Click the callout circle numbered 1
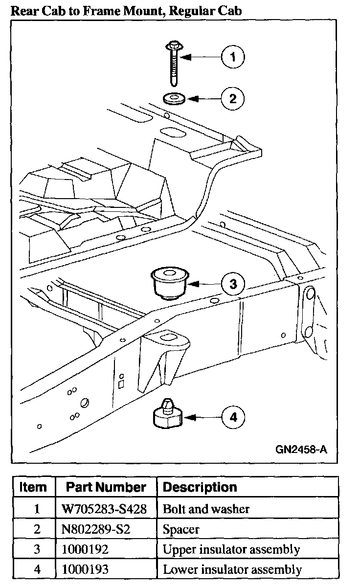pos(233,57)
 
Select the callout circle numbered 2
pos(233,99)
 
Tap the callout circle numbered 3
pos(233,283)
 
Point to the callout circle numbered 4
pos(233,417)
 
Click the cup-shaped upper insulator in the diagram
pos(169,283)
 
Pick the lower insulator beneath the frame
pos(164,415)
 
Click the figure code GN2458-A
pos(301,449)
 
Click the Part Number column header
pos(106,487)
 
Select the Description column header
pos(200,487)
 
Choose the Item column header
pos(33,487)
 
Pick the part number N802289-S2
pos(89,529)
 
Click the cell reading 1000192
pos(78,549)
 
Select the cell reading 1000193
pos(78,570)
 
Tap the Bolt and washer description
pos(206,509)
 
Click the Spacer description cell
pos(181,529)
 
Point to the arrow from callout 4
pos(202,417)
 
